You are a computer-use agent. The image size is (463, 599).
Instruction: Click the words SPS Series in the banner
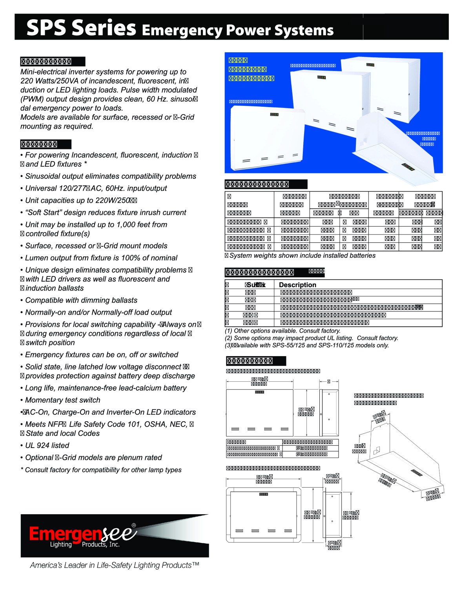(x=81, y=28)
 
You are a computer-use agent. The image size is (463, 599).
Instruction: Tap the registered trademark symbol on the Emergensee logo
(x=134, y=525)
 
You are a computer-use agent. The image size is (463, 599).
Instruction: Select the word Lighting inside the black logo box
(x=61, y=544)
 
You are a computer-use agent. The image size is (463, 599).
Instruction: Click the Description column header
(x=297, y=285)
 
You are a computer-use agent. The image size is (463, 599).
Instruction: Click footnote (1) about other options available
(x=283, y=331)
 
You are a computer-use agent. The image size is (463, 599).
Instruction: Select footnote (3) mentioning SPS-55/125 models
(x=307, y=345)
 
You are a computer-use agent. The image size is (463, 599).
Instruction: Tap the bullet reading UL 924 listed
(x=47, y=445)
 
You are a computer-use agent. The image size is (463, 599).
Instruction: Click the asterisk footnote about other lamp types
(x=101, y=470)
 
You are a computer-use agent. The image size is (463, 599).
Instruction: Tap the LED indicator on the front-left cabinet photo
(x=274, y=115)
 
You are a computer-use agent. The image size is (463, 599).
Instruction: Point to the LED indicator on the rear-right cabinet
(x=370, y=65)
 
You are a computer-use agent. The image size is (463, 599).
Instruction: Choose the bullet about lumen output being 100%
(x=101, y=258)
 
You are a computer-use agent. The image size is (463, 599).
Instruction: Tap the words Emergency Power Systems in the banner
(x=237, y=30)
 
